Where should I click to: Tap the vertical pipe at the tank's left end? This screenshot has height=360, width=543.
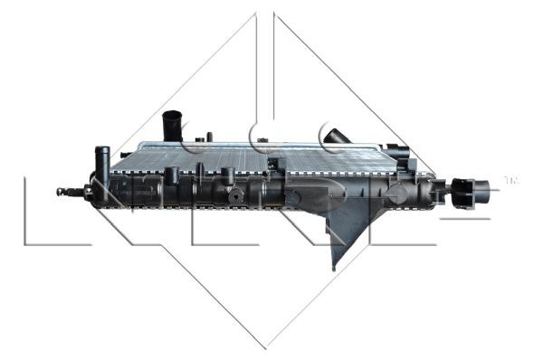(103, 162)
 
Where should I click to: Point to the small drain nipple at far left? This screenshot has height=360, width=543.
(62, 192)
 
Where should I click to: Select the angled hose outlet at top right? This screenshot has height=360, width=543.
(336, 137)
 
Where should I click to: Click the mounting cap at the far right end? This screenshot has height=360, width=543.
(477, 192)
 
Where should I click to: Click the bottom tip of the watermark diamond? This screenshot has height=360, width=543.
(264, 347)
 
